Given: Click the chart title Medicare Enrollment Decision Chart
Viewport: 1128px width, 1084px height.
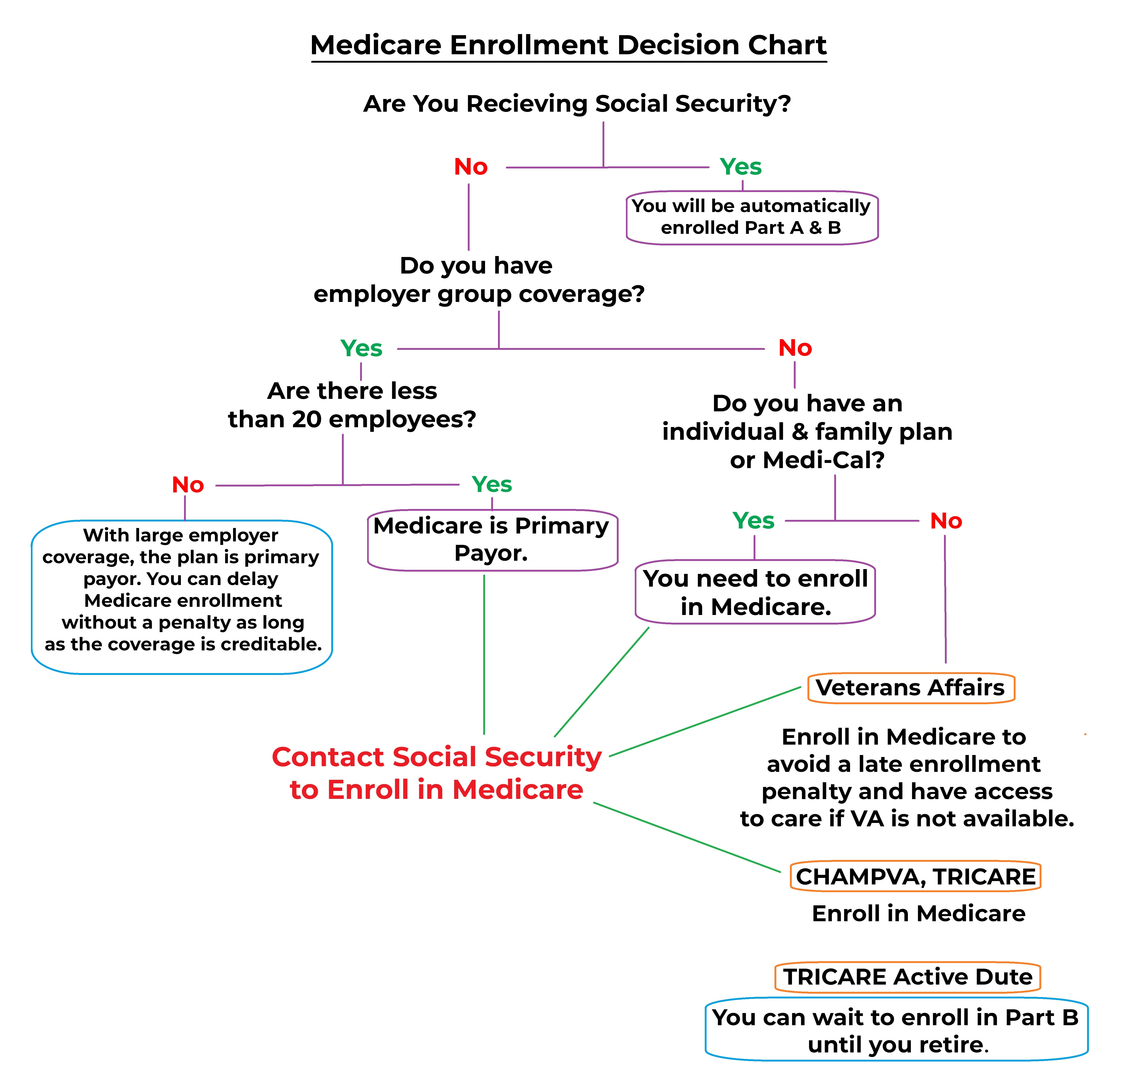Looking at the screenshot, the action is click(x=569, y=45).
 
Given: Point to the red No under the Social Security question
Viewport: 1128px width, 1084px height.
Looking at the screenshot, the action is click(x=471, y=167).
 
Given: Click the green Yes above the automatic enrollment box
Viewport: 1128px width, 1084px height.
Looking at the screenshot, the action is click(x=741, y=167).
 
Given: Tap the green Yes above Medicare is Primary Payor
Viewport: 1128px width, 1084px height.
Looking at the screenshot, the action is click(x=491, y=484).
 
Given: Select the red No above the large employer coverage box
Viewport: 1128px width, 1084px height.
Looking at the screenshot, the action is click(x=188, y=485).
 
